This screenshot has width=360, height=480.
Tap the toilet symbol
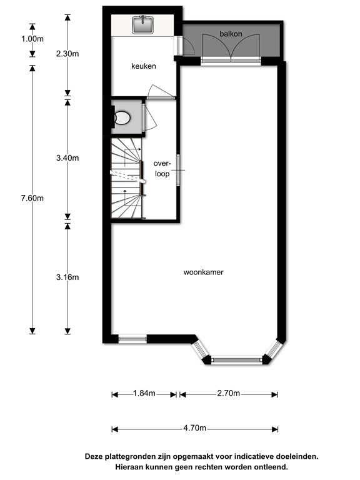click(122, 117)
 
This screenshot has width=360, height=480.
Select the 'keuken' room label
click(143, 66)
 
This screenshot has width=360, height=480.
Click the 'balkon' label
click(230, 32)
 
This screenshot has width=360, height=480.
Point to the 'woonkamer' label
click(204, 272)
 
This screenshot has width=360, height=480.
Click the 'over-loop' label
click(162, 169)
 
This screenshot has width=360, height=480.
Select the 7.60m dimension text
click(32, 198)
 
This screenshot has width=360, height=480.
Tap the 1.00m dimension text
click(32, 39)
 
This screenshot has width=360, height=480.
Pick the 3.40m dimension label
click(67, 158)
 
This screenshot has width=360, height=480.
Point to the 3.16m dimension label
click(67, 277)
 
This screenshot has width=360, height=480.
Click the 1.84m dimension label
click(144, 394)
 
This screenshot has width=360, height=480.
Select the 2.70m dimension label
click(227, 394)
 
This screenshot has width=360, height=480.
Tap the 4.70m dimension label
click(194, 429)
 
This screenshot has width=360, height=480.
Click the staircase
click(127, 179)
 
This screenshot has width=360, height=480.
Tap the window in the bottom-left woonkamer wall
click(132, 339)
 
